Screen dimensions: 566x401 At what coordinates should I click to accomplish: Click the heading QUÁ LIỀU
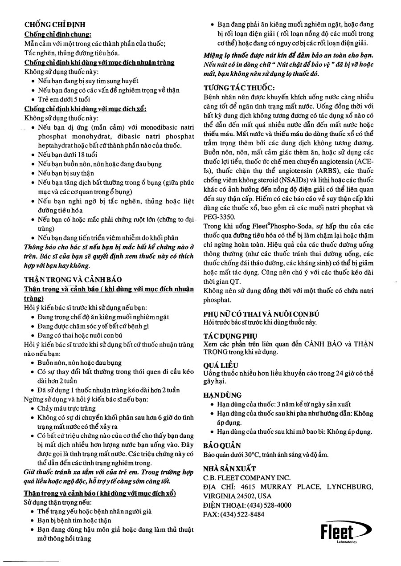pyautogui.click(x=221, y=365)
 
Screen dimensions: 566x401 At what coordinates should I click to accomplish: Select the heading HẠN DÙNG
pyautogui.click(x=222, y=395)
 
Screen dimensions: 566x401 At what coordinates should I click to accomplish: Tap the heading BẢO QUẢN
pyautogui.click(x=222, y=445)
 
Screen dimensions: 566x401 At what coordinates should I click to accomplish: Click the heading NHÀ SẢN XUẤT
pyautogui.click(x=229, y=468)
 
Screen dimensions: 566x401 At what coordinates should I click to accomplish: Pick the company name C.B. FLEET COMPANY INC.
pyautogui.click(x=246, y=478)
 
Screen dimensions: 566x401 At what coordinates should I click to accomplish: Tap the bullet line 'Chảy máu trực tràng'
pyautogui.click(x=66, y=408)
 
